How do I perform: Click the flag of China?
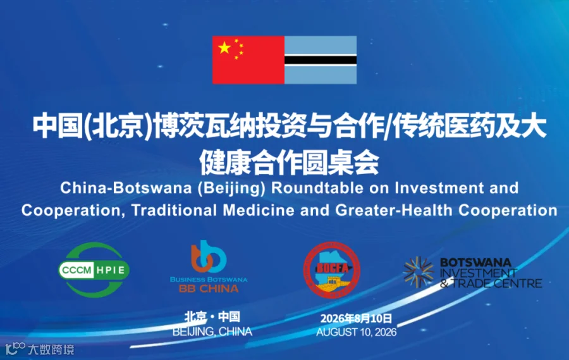tap(248, 60)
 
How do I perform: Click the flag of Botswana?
tap(321, 60)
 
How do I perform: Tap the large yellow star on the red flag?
tap(224, 47)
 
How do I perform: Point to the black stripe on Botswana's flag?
tap(321, 60)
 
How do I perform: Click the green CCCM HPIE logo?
tap(94, 270)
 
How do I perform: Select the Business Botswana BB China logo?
tap(209, 266)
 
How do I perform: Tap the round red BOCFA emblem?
tap(332, 270)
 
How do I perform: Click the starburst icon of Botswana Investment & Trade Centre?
tap(419, 272)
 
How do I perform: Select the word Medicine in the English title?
tap(259, 210)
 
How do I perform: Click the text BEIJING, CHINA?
tap(212, 332)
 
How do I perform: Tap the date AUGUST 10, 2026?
tap(357, 332)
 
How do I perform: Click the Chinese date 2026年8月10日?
tap(357, 319)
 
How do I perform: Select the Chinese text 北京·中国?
tap(212, 317)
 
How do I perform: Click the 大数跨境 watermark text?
tap(51, 350)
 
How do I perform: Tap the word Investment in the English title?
tap(439, 188)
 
